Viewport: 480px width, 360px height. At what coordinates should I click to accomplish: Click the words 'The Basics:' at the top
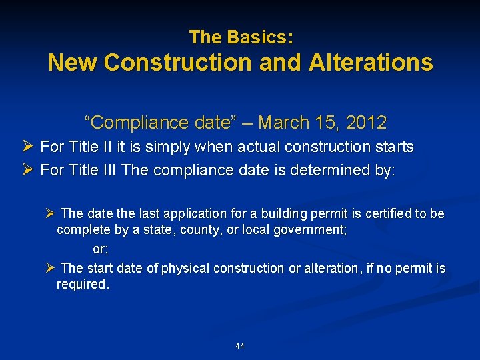click(x=241, y=37)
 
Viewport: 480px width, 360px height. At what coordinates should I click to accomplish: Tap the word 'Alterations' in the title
click(x=370, y=63)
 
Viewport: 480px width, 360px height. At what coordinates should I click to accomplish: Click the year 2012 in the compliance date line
click(x=367, y=123)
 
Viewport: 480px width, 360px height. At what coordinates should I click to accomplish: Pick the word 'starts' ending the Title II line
click(x=395, y=147)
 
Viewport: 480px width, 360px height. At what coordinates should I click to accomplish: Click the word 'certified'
click(x=376, y=214)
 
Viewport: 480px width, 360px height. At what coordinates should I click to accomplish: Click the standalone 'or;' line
click(x=100, y=249)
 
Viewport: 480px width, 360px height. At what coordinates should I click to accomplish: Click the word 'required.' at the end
click(x=82, y=285)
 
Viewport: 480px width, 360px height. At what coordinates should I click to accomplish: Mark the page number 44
click(x=240, y=346)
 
